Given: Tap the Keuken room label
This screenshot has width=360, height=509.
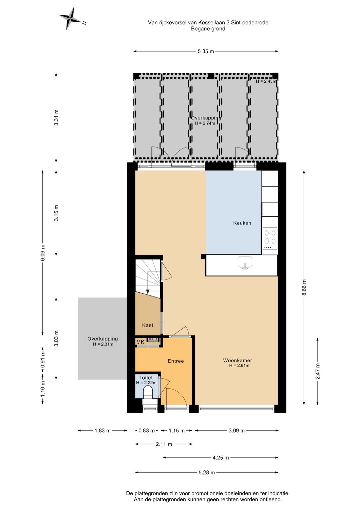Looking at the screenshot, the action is (242, 223).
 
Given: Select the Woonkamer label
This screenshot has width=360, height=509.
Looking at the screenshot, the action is (238, 360).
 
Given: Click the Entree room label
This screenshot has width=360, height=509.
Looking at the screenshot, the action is (176, 361).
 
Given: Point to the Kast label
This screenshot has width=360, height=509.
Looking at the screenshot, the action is (148, 326).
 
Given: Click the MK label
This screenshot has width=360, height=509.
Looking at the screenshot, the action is (140, 342).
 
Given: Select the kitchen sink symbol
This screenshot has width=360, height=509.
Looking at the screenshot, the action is (245, 263).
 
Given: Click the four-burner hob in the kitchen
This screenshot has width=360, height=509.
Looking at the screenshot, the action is (270, 238).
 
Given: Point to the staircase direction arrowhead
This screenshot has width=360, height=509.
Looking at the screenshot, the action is (148, 292).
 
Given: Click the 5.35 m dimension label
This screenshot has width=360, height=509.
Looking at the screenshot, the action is (206, 52).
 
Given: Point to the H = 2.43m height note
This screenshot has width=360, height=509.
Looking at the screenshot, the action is (266, 81).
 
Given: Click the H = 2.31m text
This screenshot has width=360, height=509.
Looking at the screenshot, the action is (103, 344).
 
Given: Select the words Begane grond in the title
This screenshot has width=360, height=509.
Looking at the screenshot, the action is (208, 29).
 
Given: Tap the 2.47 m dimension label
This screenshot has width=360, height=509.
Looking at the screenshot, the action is (318, 371).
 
